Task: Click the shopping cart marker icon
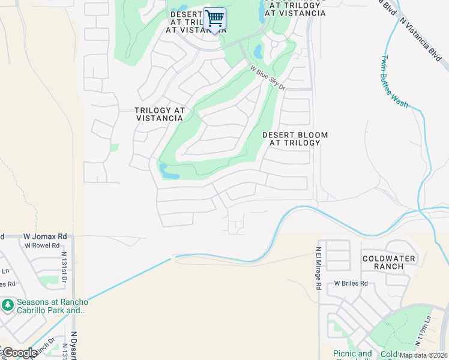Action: [x=214, y=19]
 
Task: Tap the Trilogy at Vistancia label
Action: [x=159, y=114]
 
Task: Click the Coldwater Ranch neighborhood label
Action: [x=388, y=262]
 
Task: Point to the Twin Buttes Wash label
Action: [x=394, y=82]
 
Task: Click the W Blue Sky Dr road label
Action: [x=268, y=79]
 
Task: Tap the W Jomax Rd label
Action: [x=44, y=237]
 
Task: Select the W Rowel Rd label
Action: [x=42, y=245]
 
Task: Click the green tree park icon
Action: [x=8, y=305]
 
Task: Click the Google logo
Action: [x=20, y=353]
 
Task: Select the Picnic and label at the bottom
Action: [x=352, y=354]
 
